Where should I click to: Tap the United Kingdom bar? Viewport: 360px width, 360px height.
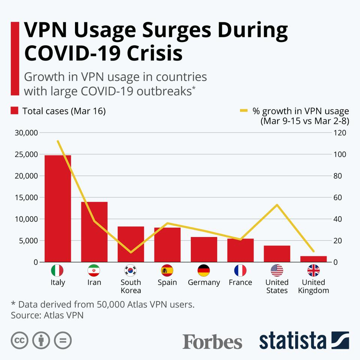[x=313, y=259]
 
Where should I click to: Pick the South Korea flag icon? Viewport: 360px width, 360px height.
[x=130, y=270]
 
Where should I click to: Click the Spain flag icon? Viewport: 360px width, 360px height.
[x=167, y=270]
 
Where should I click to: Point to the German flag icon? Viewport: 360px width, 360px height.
[x=204, y=270]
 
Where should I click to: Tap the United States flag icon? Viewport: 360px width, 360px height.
[x=277, y=270]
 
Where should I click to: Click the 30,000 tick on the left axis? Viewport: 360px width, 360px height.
[x=26, y=133]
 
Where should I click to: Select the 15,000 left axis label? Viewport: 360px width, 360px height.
[x=26, y=197]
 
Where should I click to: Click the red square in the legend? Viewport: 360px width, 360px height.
[x=15, y=111]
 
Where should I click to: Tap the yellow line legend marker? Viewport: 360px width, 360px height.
[x=244, y=111]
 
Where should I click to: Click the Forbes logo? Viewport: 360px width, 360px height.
[x=212, y=341]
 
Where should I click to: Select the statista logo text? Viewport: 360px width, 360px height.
[x=292, y=340]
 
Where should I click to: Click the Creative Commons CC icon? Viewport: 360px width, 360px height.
[x=19, y=340]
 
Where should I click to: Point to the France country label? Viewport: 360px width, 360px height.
[x=240, y=282]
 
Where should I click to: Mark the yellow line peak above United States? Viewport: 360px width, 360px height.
[x=277, y=205]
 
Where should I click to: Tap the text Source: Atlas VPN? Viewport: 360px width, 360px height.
[x=47, y=315]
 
